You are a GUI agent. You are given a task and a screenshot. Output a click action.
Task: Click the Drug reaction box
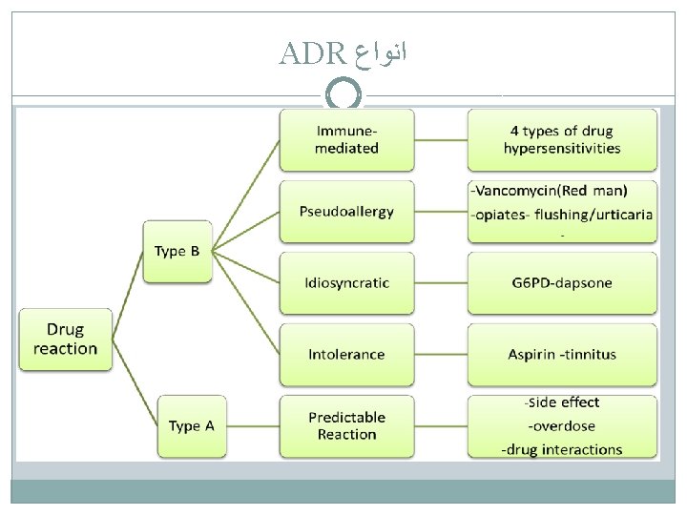coord(65,340)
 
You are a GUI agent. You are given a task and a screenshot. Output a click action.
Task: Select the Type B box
coord(177,252)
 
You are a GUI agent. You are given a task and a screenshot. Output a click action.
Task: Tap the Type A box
coord(191,425)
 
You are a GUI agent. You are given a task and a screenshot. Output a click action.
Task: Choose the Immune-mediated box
coord(346,139)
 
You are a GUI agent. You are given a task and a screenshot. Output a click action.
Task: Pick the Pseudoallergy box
coord(346,211)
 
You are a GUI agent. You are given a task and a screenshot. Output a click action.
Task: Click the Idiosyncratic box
coord(346,282)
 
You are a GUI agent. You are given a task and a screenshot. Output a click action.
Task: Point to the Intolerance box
coord(346,354)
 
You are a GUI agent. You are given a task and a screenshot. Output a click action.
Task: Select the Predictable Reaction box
coord(346,425)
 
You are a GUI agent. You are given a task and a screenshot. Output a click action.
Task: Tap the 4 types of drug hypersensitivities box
coord(562,139)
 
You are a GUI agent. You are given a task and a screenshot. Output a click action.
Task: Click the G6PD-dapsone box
coord(562,282)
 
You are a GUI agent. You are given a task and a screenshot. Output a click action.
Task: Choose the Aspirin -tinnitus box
coord(562,354)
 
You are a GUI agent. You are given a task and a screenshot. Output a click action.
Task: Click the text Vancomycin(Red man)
coord(562,191)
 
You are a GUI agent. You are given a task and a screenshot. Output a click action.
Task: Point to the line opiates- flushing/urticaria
coord(562,214)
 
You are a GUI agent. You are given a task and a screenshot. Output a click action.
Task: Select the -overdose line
coord(562,425)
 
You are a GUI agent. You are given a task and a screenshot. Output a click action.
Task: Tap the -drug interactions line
coord(562,448)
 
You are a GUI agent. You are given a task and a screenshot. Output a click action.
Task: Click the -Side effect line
coord(562,402)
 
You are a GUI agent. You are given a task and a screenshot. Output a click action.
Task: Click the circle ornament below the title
coord(343,93)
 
